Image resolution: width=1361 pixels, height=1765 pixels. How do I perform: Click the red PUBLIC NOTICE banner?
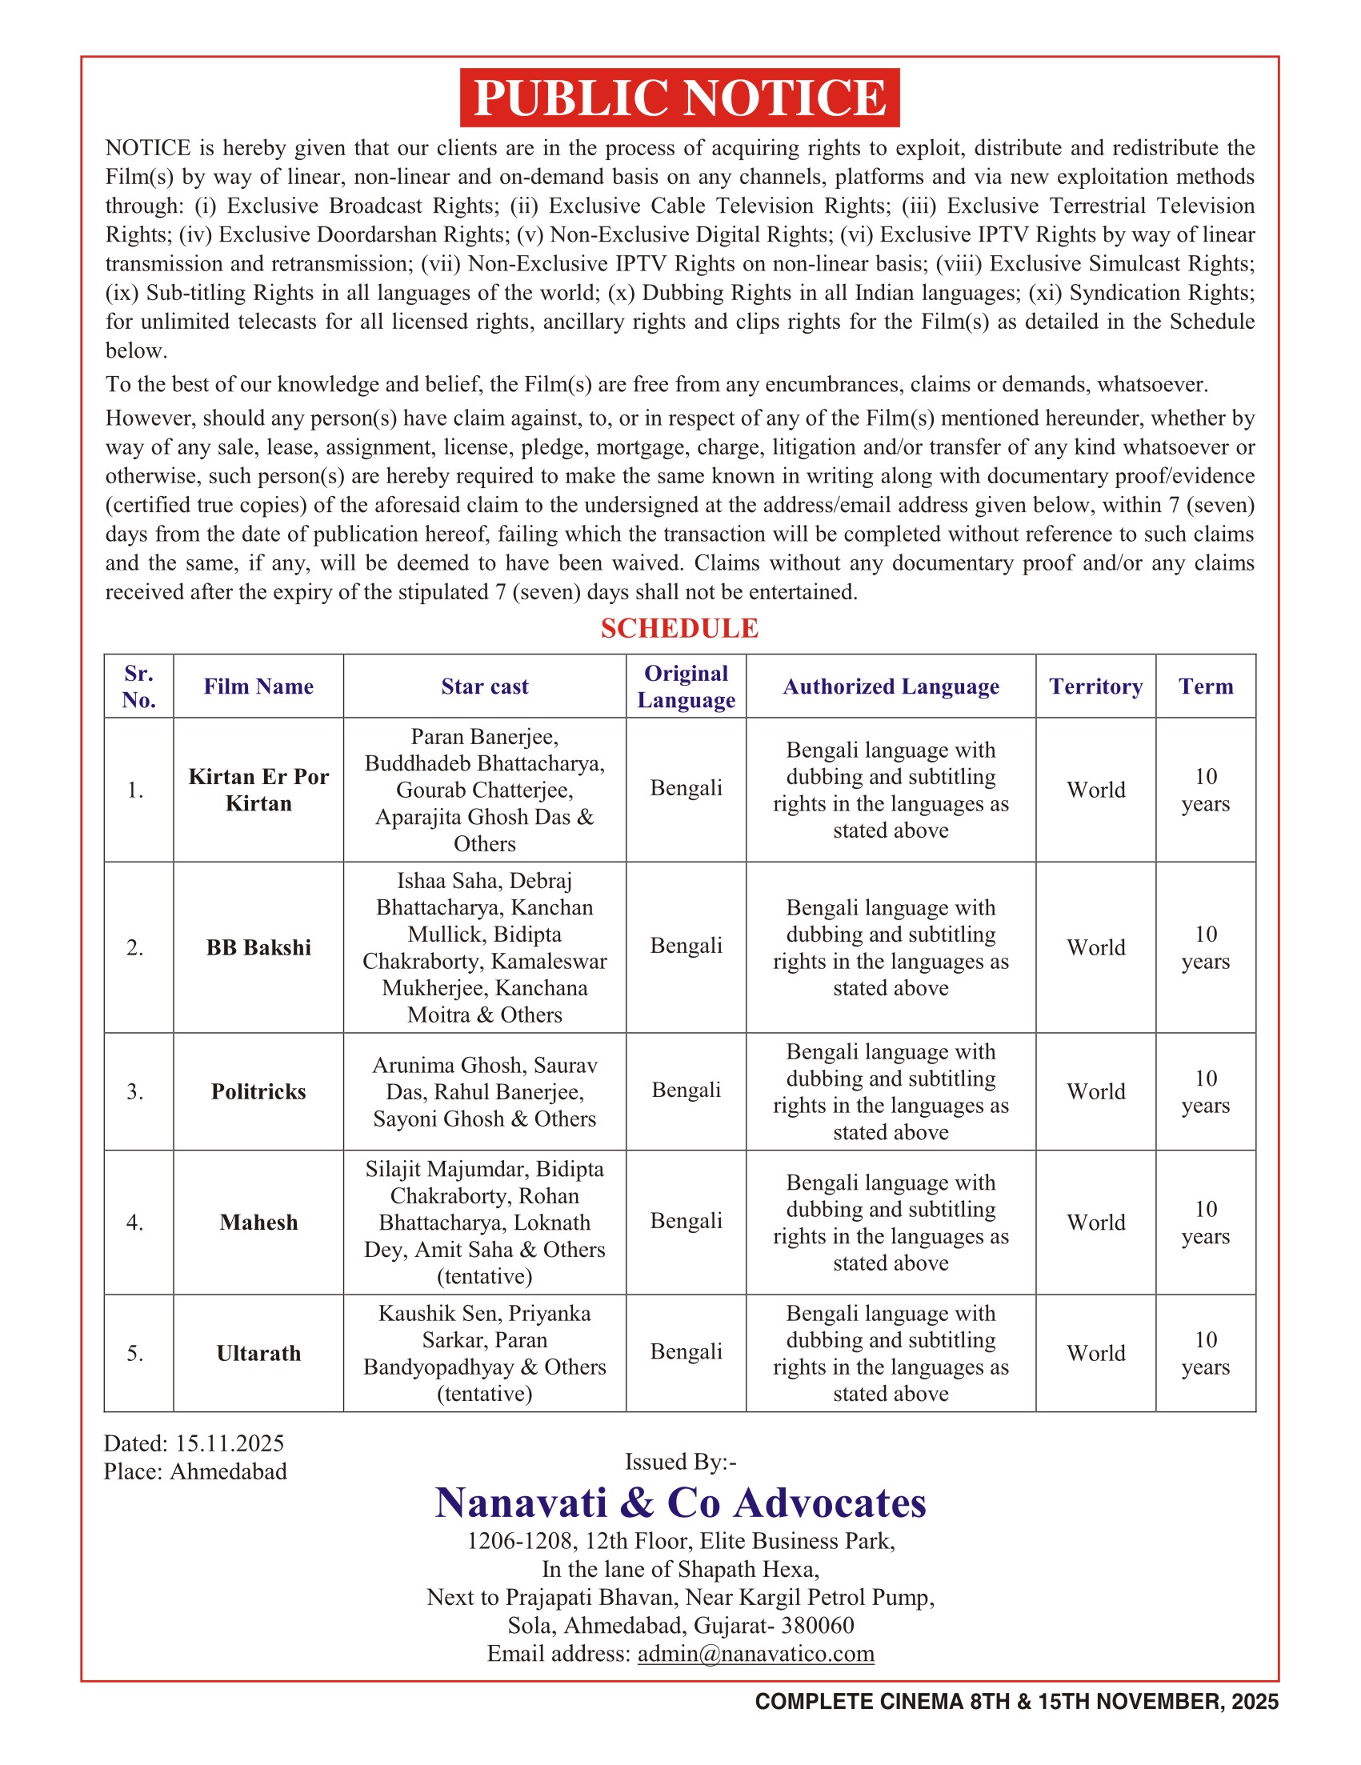678,98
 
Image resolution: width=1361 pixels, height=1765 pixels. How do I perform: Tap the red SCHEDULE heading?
678,628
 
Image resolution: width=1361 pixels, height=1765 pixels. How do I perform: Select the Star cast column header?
484,686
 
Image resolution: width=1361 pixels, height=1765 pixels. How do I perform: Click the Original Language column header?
686,686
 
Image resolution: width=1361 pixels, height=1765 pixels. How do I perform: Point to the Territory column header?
1095,686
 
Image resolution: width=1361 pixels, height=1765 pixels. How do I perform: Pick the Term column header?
1205,686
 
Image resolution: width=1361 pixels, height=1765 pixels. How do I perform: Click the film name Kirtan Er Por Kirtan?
258,790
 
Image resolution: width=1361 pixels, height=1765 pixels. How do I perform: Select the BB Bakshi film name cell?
258,947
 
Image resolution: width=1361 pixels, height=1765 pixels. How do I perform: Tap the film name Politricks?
258,1091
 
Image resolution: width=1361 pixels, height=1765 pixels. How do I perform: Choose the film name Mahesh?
258,1222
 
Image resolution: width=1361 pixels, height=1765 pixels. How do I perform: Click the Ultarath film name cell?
258,1353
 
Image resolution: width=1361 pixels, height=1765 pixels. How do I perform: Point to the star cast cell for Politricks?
484,1091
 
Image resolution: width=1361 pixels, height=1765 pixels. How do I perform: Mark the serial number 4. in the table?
135,1222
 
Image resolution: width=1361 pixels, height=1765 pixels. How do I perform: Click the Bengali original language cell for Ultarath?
686,1351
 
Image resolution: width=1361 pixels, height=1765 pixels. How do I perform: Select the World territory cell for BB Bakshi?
1095,947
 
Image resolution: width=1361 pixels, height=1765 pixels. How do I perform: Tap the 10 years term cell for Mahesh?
1205,1222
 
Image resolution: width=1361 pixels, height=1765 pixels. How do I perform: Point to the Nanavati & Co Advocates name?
679,1503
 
